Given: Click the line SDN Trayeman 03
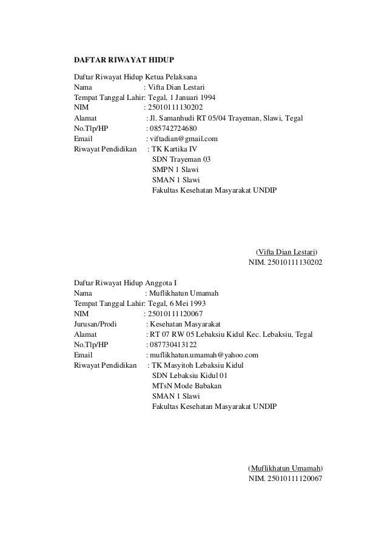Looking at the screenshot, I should click(177, 159).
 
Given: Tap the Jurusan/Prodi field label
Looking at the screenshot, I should click(95, 324).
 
